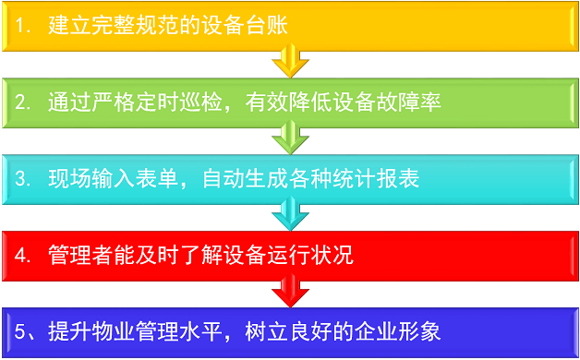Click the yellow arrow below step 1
tap(289, 61)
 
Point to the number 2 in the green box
tap(21, 102)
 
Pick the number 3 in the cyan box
tap(21, 178)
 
